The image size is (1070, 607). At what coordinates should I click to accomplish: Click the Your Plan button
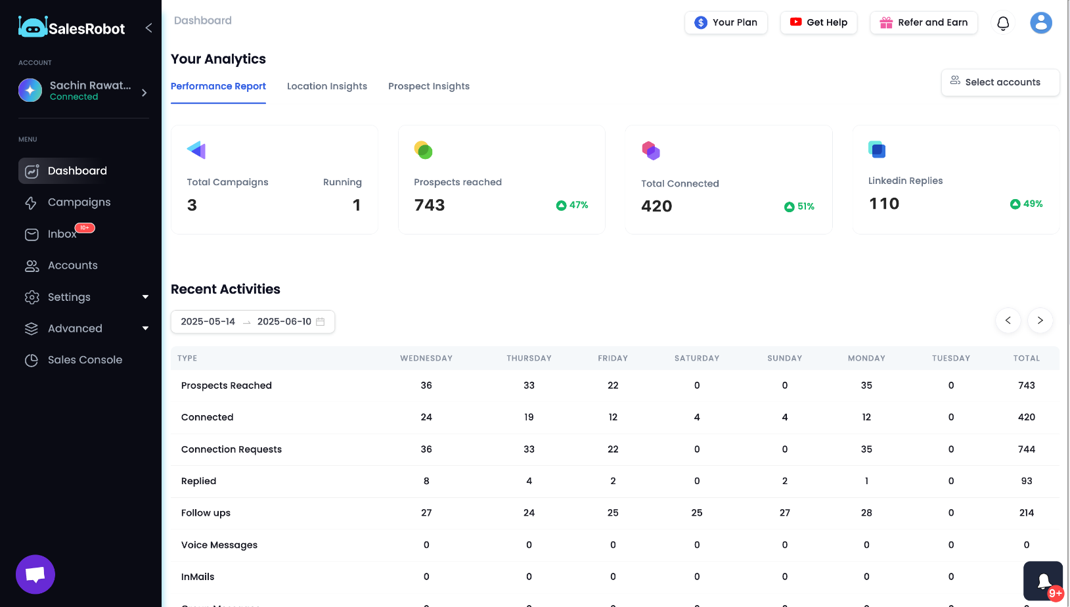726,22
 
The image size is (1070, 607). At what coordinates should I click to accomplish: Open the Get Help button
818,22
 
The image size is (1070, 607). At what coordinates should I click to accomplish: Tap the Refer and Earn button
924,22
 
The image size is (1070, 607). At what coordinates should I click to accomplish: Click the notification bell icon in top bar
1003,24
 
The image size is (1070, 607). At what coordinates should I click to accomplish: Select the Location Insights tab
327,86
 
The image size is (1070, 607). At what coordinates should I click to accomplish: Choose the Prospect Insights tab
429,86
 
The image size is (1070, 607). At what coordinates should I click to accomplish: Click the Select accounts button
1000,82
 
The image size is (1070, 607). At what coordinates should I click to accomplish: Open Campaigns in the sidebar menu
79,202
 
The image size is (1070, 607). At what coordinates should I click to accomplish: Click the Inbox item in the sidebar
62,234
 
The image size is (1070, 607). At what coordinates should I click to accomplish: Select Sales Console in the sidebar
85,360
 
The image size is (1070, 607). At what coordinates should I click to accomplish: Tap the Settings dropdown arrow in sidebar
145,297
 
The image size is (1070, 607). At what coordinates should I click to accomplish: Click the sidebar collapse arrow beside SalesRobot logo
148,28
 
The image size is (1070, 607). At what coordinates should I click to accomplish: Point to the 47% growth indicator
572,205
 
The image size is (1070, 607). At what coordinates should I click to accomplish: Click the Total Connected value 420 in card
656,206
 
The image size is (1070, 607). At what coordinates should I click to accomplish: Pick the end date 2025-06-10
284,322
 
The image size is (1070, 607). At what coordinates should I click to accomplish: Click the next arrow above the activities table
1040,321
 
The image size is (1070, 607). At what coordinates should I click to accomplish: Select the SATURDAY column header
697,358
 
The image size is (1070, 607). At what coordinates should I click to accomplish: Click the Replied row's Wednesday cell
426,481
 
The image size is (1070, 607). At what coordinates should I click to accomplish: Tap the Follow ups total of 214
1026,513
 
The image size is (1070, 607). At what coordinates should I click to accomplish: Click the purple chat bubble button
35,574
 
